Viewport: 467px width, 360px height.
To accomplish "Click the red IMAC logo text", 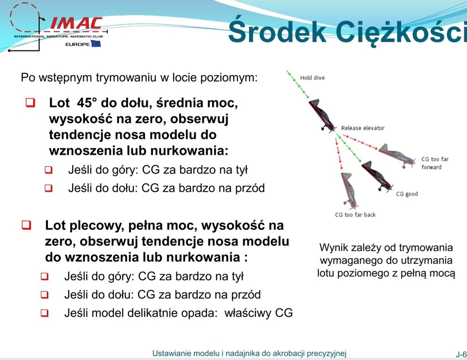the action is pos(77,23).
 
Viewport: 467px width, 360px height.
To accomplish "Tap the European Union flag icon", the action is pos(96,44).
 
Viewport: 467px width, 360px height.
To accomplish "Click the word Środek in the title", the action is pos(277,32).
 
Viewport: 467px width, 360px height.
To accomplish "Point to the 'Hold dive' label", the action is pos(312,78).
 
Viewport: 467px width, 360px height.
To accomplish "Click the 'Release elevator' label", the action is pos(363,128).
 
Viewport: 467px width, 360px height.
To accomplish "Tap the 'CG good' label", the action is pos(407,194).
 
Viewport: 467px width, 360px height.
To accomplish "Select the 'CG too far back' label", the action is pos(355,215).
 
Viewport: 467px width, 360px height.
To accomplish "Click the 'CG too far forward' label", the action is pos(435,163).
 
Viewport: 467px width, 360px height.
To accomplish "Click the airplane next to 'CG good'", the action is pos(377,176).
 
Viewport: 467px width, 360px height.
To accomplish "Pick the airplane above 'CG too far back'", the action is pos(348,190).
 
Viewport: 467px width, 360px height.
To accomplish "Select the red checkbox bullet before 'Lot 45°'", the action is pos(31,103).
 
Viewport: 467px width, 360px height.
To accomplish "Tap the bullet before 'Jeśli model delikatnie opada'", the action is pos(45,313).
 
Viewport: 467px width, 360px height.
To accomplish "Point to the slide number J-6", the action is pos(461,354).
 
